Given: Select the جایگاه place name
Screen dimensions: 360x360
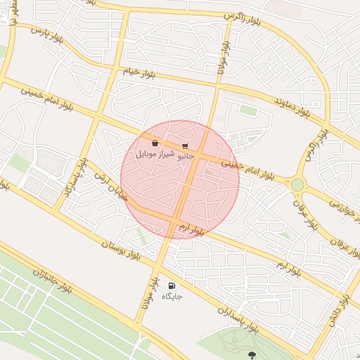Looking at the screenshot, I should click(x=172, y=297).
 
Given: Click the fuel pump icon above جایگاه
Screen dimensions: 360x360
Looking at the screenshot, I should click(x=172, y=286).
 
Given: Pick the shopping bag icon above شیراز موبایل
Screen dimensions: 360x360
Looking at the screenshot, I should click(x=154, y=143).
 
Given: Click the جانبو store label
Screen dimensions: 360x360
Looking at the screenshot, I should click(x=184, y=155).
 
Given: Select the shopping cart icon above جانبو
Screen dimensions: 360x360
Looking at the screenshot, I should click(x=185, y=146).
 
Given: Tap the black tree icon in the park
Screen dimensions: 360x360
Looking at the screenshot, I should click(x=252, y=354).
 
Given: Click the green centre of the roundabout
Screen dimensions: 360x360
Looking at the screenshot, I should click(x=297, y=184).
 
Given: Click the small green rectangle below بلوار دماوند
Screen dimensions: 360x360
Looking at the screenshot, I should click(x=247, y=110).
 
